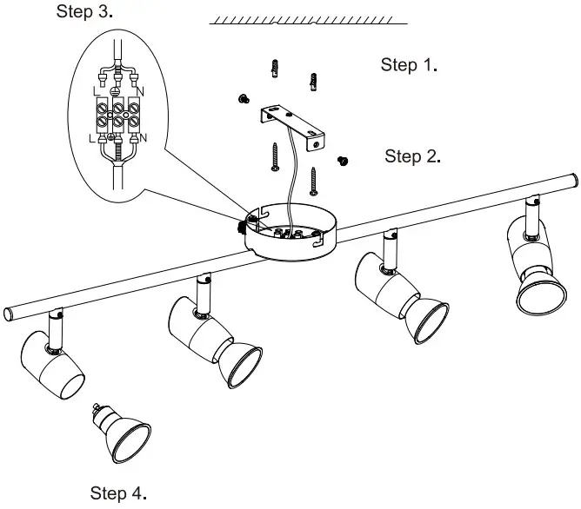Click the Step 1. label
409,65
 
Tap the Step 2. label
413,156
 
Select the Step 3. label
84,11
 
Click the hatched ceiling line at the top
309,20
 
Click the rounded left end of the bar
8,312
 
